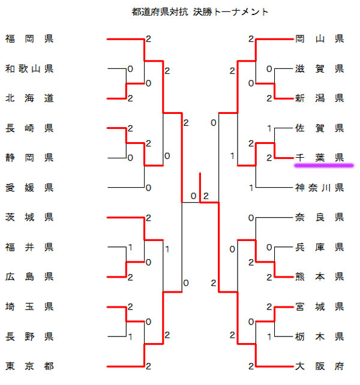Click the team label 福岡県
pos(29,40)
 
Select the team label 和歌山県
pos(29,69)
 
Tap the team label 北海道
pos(29,98)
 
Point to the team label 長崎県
pos(29,128)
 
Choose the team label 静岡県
pos(29,158)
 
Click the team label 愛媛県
pos(29,188)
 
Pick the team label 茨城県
pos(29,216)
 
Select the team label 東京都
pos(29,366)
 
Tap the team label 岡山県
pos(319,40)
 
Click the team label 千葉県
pos(319,158)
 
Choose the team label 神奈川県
pos(319,188)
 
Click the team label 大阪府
pos(319,365)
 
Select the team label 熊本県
pos(319,276)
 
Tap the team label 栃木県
pos(319,336)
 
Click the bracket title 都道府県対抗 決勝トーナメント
pos(200,11)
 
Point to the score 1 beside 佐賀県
pos(269,128)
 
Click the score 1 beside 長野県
pos(130,336)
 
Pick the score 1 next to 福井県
pos(130,247)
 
